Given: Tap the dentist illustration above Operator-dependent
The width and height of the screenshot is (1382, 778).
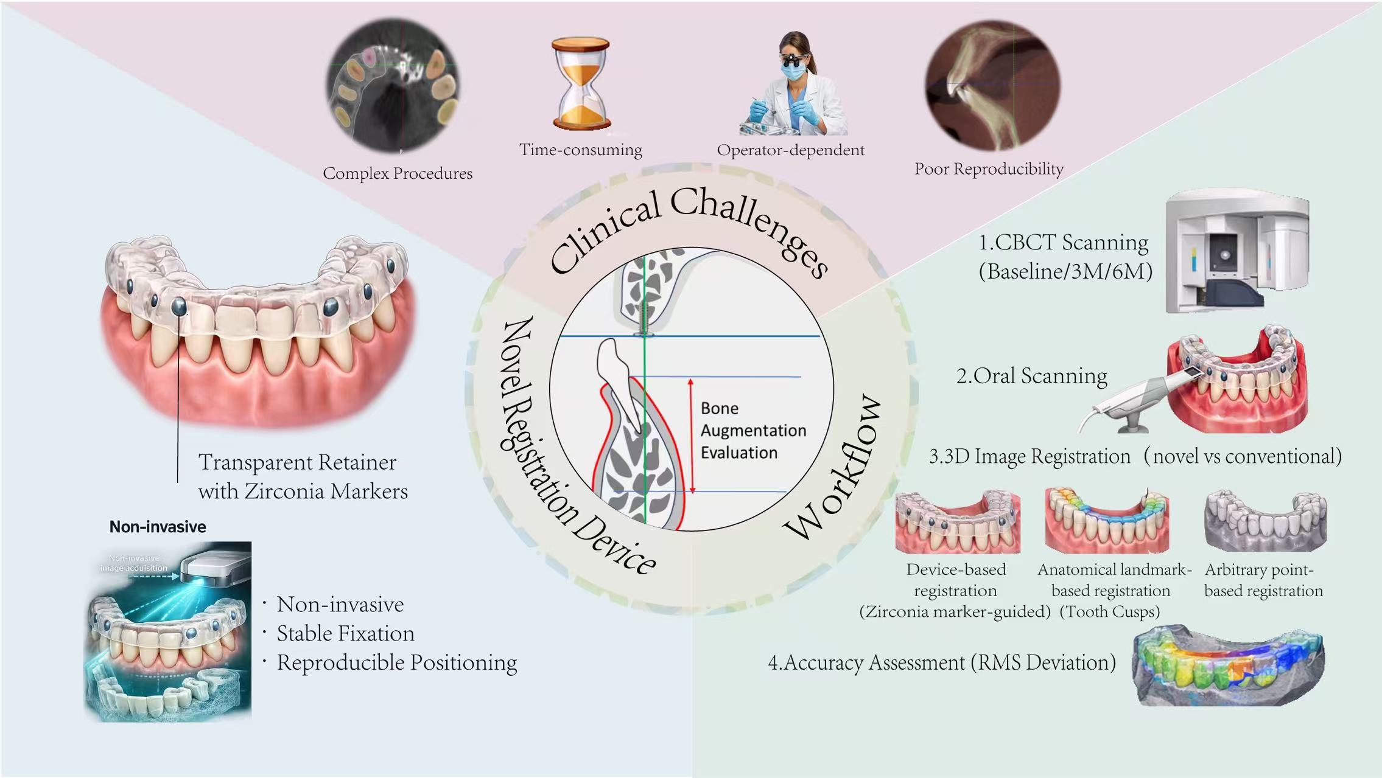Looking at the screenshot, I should tap(791, 85).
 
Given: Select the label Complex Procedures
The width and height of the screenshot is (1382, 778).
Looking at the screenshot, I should tap(398, 173).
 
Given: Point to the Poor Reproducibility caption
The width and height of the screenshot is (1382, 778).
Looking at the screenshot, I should tap(989, 168).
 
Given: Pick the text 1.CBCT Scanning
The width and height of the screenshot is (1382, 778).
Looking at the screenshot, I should tap(1063, 242).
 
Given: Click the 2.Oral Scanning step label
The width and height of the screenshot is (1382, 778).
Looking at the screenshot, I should tap(1031, 376).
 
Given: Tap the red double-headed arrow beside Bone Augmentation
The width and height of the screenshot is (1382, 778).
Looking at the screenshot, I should tap(691, 436).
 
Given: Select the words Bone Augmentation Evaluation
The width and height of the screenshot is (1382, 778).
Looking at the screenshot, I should tap(752, 430).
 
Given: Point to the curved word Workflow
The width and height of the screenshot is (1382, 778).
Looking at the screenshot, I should tap(834, 468).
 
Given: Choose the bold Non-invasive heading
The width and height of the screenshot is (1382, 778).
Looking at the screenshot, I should tap(158, 527).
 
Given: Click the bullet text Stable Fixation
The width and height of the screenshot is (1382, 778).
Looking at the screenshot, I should tap(345, 634).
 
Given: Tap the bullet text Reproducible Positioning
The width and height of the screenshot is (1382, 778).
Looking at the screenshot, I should tap(396, 662).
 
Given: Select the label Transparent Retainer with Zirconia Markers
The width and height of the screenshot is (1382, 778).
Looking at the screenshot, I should tap(302, 477).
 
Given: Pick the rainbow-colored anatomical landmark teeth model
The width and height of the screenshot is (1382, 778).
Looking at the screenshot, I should tap(1107, 520).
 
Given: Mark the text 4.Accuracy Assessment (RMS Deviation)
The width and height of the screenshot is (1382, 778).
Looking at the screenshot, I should tap(942, 662).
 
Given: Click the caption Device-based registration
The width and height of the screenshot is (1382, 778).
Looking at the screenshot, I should tap(955, 580).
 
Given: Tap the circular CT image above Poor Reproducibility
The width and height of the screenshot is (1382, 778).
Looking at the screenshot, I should tap(992, 85).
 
